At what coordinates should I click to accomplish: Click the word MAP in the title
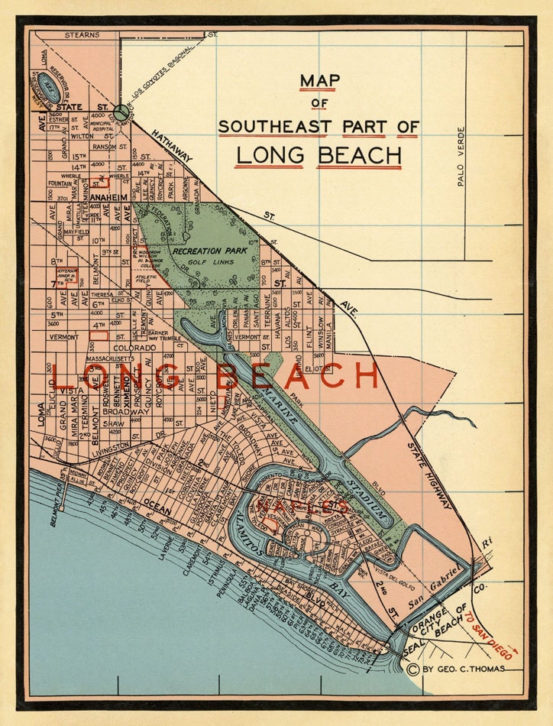point(319,80)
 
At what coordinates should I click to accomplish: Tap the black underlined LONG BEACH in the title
point(319,154)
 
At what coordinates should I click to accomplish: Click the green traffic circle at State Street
point(121,112)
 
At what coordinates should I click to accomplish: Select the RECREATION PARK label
point(207,251)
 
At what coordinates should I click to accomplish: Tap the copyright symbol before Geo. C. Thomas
point(413,669)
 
